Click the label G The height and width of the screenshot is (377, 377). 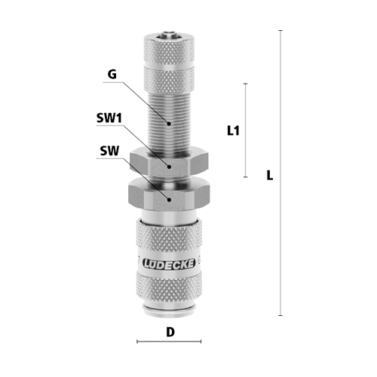coord(112,74)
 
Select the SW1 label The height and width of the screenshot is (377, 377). coord(109,118)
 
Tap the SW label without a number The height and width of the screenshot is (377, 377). coord(109,151)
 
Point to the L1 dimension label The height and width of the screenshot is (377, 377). coord(233,130)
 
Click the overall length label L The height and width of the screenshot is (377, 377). coord(270,175)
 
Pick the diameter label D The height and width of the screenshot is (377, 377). coord(170,333)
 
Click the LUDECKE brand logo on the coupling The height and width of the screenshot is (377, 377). coord(169,264)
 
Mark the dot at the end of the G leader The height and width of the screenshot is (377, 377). coord(169,124)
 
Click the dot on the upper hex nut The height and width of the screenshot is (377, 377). coord(170,167)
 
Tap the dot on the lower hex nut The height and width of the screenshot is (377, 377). coord(170,200)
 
